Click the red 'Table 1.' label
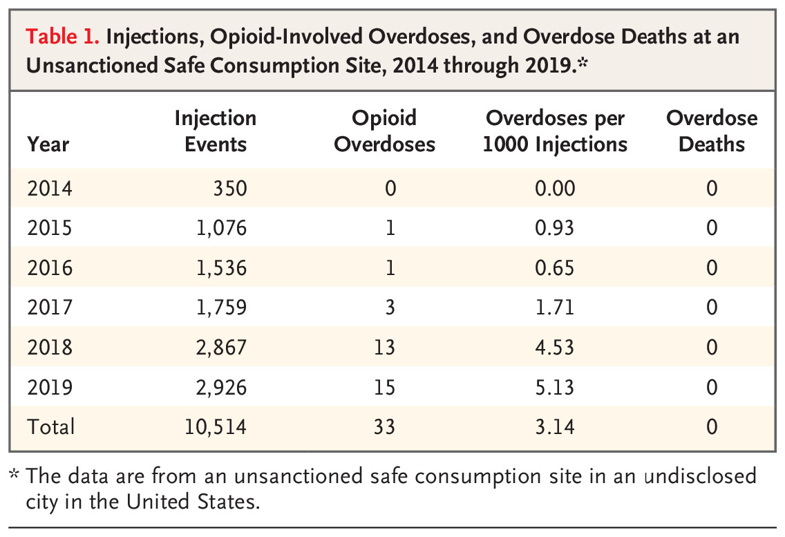[x=60, y=37]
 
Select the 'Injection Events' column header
[x=214, y=131]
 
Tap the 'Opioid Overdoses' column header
[x=385, y=131]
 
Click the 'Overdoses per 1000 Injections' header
[x=555, y=131]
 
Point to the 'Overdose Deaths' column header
[x=712, y=131]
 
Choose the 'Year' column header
[x=48, y=144]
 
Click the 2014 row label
[x=49, y=189]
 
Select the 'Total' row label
[x=50, y=426]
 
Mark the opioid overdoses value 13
[x=384, y=347]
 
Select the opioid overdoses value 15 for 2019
[x=384, y=387]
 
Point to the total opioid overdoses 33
[x=384, y=426]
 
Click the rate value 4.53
[x=555, y=347]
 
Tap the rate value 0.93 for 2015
[x=555, y=228]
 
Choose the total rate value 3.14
[x=555, y=426]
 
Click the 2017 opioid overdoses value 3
[x=390, y=308]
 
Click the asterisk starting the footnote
[x=15, y=475]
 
